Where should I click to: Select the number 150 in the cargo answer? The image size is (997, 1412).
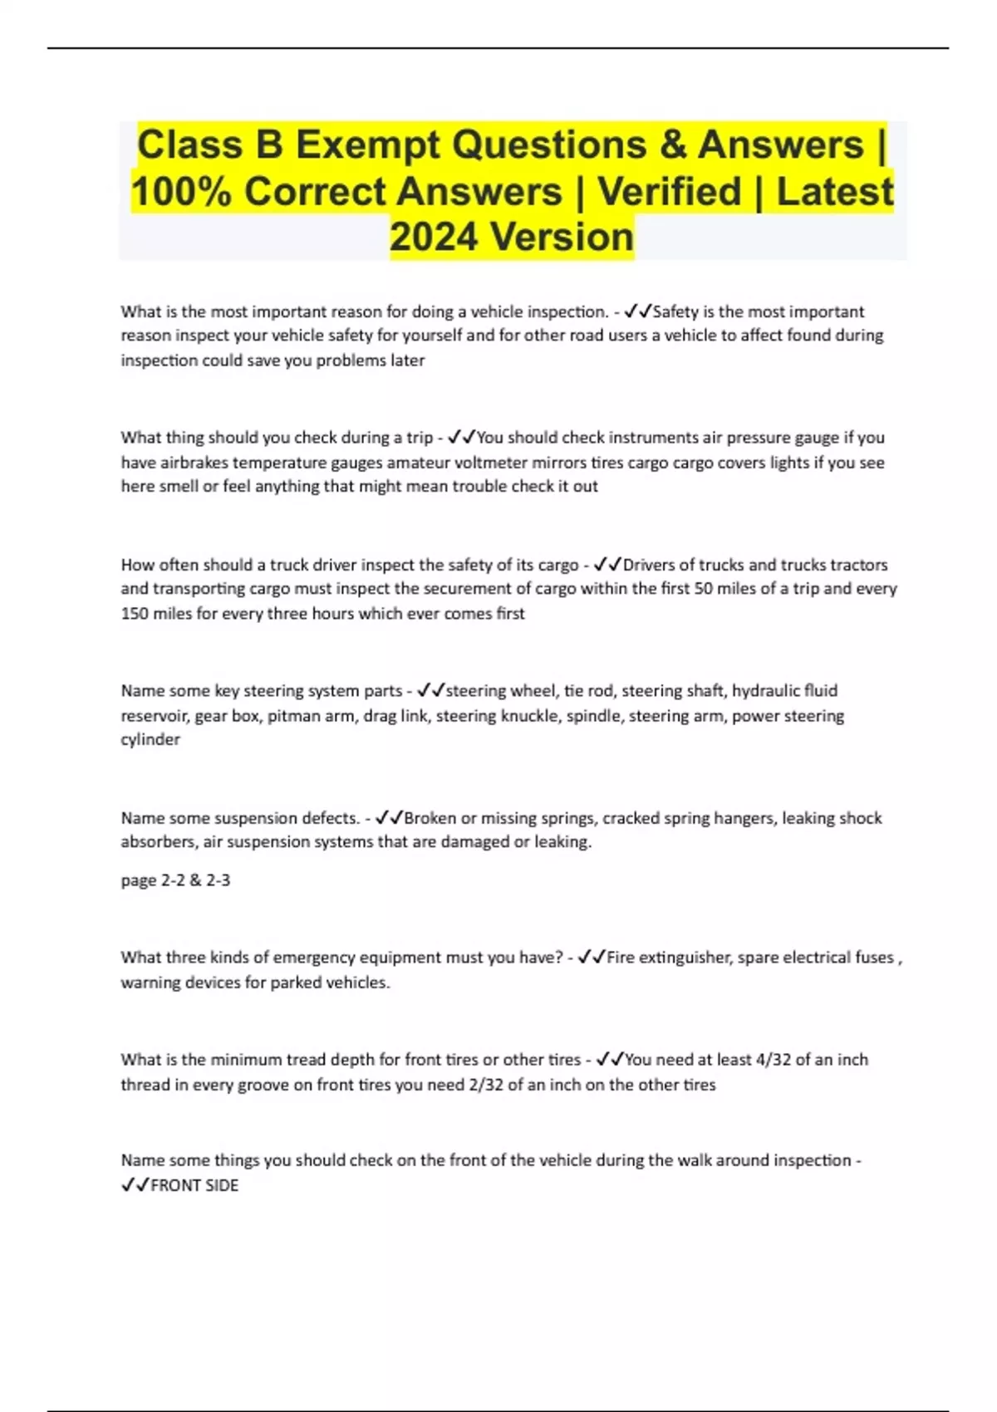click(135, 614)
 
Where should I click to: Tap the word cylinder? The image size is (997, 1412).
click(150, 739)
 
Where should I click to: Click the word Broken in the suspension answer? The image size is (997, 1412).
click(430, 818)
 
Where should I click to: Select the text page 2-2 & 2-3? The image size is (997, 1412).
click(175, 880)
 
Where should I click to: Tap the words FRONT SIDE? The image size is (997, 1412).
click(194, 1186)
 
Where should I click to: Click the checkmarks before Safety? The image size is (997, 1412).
click(637, 311)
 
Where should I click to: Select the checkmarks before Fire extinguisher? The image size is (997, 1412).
click(591, 958)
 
